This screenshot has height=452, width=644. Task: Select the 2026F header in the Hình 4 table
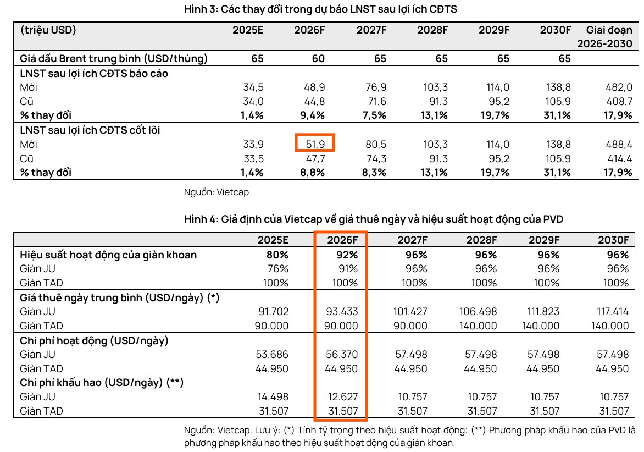click(x=342, y=240)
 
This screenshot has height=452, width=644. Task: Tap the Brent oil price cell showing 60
click(x=318, y=58)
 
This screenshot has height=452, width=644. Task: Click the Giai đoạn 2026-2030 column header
click(x=609, y=37)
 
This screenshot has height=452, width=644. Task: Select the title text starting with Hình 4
click(x=373, y=219)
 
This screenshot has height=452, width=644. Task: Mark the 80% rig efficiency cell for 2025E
click(x=276, y=255)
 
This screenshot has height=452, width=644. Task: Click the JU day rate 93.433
click(x=342, y=311)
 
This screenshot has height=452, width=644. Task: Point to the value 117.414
click(x=613, y=311)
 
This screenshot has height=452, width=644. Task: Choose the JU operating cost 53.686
click(x=272, y=354)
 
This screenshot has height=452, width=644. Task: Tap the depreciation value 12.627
click(x=342, y=396)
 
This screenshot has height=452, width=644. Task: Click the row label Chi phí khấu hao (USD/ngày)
click(x=101, y=383)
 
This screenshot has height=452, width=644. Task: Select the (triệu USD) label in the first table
click(x=48, y=30)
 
